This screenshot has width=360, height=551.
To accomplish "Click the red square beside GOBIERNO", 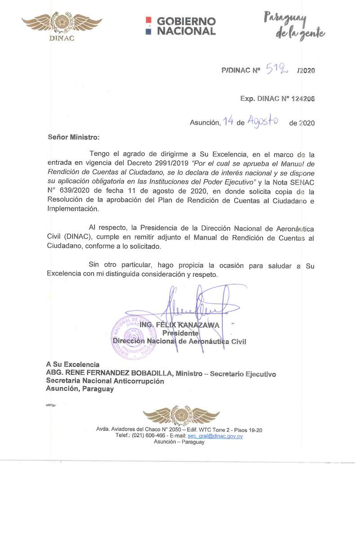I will [x=148, y=21].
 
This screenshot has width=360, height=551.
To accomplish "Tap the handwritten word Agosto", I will [x=262, y=121].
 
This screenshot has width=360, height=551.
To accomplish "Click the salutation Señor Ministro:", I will [x=73, y=136].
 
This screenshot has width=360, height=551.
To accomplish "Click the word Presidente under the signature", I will [x=180, y=333].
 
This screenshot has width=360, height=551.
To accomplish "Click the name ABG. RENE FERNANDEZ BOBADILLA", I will [x=109, y=374].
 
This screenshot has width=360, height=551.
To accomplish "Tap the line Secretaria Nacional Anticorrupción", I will [x=105, y=381].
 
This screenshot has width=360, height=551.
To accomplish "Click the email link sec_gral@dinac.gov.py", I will [x=215, y=436].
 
